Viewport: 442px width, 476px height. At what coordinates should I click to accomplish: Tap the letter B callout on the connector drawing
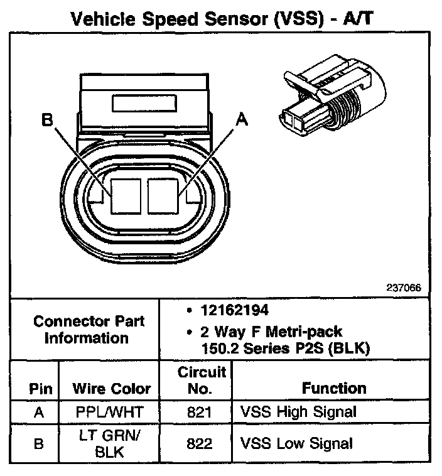[x=48, y=119]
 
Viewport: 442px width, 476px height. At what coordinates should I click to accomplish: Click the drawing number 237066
[x=404, y=288]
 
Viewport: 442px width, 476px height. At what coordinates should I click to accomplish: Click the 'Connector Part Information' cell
[x=89, y=329]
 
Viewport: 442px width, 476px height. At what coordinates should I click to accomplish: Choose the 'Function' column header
[x=333, y=388]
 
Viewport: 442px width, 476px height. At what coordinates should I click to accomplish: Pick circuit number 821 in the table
[x=200, y=413]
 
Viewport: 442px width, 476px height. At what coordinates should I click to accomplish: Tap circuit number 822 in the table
[x=200, y=443]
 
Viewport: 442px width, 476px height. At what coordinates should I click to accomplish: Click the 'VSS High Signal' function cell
[x=298, y=413]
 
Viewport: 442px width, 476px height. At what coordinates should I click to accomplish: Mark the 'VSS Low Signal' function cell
[x=296, y=443]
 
